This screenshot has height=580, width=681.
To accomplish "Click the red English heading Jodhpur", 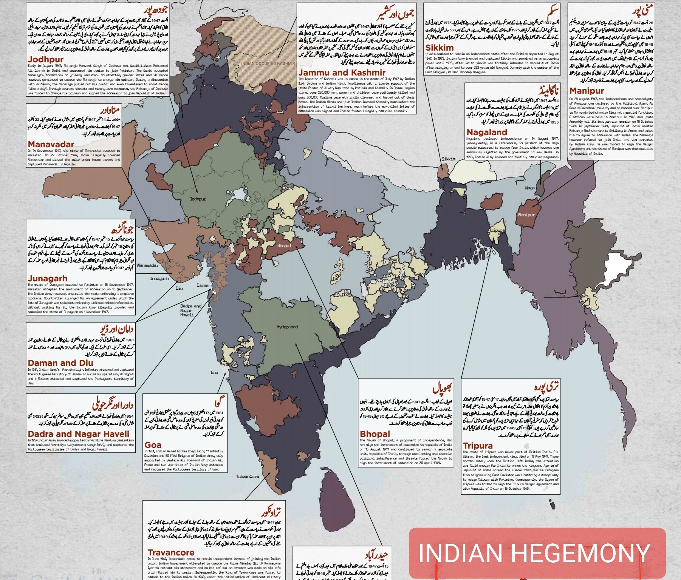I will click(x=45, y=59).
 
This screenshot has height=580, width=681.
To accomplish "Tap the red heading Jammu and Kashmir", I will click(x=342, y=72).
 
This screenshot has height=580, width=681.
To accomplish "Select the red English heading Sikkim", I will click(x=439, y=48).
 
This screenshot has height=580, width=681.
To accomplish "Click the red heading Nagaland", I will click(x=486, y=132).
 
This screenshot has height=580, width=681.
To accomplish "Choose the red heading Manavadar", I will click(x=51, y=144).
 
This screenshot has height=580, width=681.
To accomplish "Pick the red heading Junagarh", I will click(x=47, y=279).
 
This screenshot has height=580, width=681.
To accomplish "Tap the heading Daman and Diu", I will click(x=60, y=363).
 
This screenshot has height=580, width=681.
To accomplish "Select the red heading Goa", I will click(x=153, y=445).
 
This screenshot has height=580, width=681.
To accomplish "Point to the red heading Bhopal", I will click(x=375, y=434).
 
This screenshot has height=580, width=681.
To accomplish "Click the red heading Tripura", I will click(x=478, y=446).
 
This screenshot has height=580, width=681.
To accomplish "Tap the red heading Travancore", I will click(x=171, y=552).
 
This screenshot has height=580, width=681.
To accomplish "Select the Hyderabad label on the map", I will click(x=287, y=327).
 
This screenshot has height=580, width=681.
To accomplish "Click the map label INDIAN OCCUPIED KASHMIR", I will click(x=268, y=63).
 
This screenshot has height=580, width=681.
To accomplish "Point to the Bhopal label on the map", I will click(x=284, y=246).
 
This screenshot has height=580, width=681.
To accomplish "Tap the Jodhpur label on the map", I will click(x=198, y=199).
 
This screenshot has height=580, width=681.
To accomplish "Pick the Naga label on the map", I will click(x=530, y=188).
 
